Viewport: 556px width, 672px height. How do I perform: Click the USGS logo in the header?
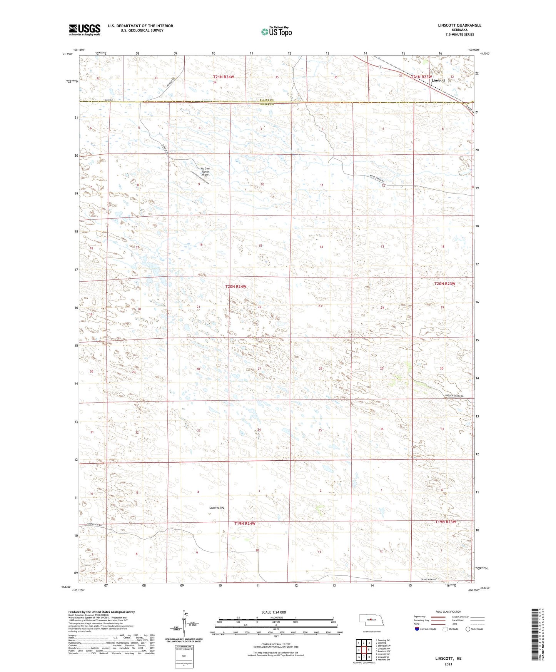pyautogui.click(x=85, y=30)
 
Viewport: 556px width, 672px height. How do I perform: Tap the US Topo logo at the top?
pyautogui.click(x=276, y=32)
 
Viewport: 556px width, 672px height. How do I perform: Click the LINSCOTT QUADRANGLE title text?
pyautogui.click(x=459, y=25)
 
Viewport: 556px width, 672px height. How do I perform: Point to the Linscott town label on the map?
pyautogui.click(x=438, y=80)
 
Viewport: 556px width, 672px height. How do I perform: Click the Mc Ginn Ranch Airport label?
pyautogui.click(x=205, y=172)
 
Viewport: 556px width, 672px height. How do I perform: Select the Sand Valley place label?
pyautogui.click(x=217, y=508)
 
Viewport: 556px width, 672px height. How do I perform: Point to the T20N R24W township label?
pyautogui.click(x=235, y=287)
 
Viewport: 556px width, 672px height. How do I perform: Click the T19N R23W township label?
pyautogui.click(x=446, y=522)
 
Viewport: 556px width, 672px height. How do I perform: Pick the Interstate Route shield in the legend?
pyautogui.click(x=417, y=629)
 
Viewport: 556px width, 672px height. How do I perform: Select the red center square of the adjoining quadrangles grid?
pyautogui.click(x=364, y=650)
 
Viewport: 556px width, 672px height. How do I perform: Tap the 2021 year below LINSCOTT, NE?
pyautogui.click(x=448, y=664)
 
